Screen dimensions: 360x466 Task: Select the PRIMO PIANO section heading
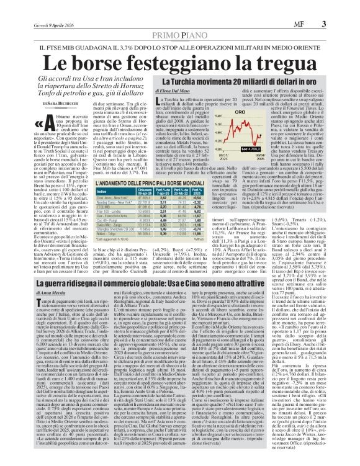[x=179, y=19]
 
